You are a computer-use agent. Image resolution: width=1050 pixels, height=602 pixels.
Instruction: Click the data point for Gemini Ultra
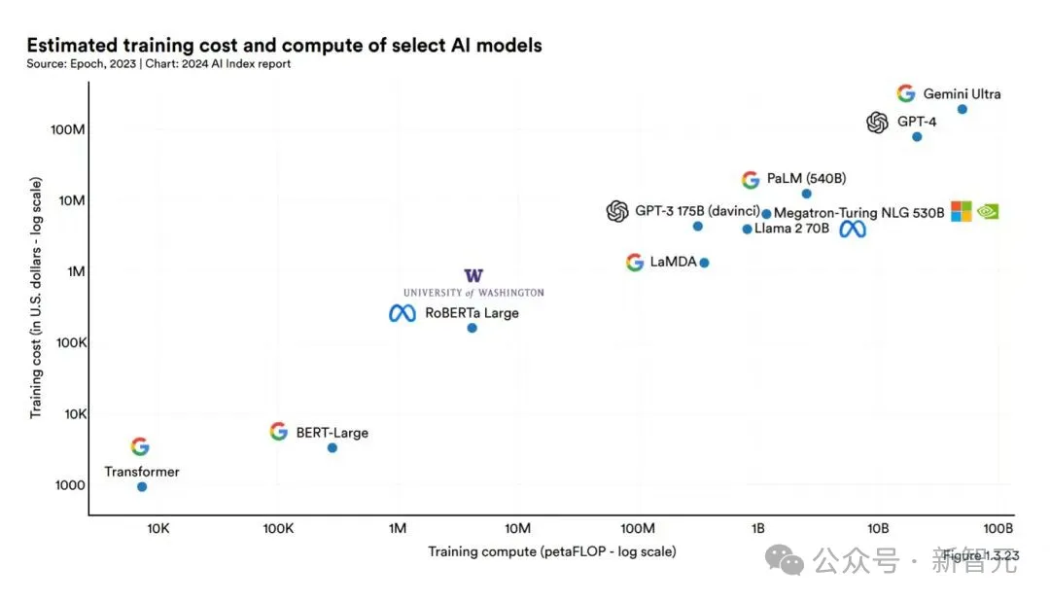click(x=962, y=109)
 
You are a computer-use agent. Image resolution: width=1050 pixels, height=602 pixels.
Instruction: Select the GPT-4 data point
click(x=917, y=136)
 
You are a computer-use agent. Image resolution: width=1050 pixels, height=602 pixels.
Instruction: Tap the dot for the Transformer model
click(x=142, y=486)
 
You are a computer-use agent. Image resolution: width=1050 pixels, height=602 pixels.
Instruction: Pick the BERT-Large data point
click(x=332, y=447)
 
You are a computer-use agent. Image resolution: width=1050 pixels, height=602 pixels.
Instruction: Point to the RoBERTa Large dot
click(x=472, y=328)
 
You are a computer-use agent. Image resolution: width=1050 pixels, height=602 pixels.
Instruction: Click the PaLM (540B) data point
click(x=806, y=194)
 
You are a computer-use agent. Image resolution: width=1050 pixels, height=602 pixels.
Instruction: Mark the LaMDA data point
click(x=704, y=263)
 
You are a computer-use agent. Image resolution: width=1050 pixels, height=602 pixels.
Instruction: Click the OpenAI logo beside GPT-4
click(x=877, y=123)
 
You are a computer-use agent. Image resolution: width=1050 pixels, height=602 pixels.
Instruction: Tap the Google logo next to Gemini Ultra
click(x=906, y=93)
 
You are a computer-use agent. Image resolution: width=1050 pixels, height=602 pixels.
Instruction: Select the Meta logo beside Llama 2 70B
click(x=853, y=230)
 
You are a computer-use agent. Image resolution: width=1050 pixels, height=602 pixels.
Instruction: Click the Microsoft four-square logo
click(x=961, y=211)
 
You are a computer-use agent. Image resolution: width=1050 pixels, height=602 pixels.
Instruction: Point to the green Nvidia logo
click(x=987, y=211)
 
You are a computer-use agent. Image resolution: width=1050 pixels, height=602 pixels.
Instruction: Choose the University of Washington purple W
click(x=473, y=276)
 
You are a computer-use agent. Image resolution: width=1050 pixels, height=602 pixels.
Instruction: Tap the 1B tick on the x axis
click(x=758, y=528)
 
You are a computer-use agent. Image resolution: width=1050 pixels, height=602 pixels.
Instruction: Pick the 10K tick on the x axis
click(x=157, y=528)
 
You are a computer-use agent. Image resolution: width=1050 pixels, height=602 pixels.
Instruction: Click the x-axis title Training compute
click(x=551, y=551)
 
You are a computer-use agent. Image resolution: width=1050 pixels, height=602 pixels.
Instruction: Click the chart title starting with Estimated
click(x=284, y=45)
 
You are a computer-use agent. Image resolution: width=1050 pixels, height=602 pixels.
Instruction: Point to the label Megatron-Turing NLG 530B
click(x=858, y=213)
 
